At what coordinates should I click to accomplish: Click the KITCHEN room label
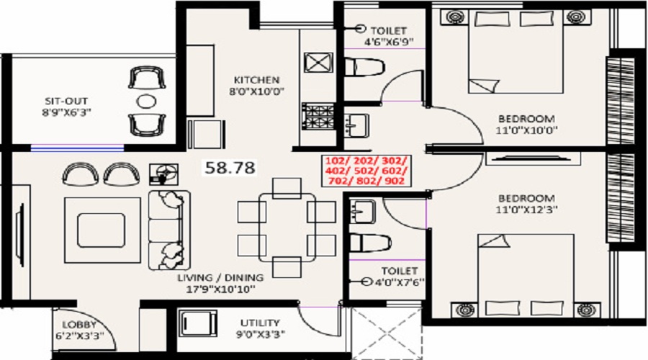point(256,80)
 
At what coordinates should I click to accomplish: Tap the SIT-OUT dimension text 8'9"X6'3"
point(66,112)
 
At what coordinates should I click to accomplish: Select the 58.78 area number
point(230,167)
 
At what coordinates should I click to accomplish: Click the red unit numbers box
point(366,171)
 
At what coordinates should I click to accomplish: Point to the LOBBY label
point(79,325)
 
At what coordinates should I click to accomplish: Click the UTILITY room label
point(260,323)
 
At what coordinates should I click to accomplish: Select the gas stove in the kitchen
point(318,116)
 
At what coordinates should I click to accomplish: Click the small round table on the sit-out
point(146,102)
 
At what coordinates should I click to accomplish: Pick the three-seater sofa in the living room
point(169,230)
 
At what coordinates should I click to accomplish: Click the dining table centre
point(287,228)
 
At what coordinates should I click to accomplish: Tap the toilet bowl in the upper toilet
point(364,67)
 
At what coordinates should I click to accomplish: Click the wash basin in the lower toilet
point(362,211)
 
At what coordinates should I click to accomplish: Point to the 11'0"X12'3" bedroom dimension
point(526,210)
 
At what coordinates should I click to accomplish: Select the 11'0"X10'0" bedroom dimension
point(526,130)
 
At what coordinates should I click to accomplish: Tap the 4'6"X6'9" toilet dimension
point(389,41)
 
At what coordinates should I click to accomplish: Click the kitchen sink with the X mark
point(318,63)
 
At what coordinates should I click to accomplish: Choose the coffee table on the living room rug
point(101,230)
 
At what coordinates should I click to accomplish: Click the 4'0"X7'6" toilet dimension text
point(399,283)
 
